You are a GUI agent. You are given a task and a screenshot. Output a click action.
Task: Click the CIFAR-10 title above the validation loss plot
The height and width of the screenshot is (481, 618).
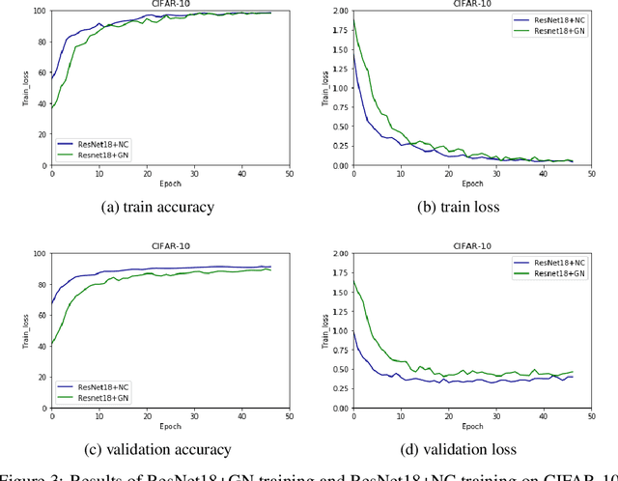(472, 246)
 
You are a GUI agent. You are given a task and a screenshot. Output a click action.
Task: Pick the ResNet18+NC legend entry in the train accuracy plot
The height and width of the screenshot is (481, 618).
(100, 142)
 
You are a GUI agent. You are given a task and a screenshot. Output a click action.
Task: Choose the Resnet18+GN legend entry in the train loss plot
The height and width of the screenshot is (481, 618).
(553, 31)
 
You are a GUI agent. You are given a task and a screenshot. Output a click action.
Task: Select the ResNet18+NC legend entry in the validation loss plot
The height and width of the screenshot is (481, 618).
(553, 263)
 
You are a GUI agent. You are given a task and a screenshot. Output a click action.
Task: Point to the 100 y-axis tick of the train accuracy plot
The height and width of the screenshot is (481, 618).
(39, 11)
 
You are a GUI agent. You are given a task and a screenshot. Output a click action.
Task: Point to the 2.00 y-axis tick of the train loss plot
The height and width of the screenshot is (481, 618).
(339, 11)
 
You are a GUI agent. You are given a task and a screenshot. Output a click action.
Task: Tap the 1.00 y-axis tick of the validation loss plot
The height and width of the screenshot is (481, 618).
(339, 330)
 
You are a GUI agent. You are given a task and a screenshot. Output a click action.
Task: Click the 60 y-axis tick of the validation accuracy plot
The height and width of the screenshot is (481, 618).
(41, 316)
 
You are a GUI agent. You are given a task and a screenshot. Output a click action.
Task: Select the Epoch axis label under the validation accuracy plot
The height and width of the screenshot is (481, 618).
(170, 427)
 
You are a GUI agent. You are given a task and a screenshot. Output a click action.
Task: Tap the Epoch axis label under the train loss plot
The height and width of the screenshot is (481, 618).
(472, 184)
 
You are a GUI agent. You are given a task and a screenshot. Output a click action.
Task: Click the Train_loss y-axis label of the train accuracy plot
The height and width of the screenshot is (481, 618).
(25, 88)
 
